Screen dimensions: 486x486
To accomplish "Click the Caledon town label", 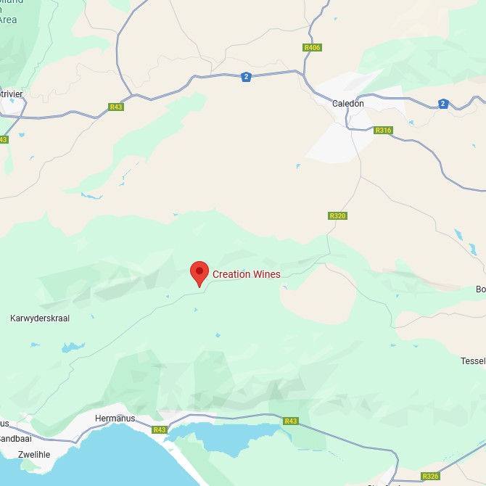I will coord(347,104).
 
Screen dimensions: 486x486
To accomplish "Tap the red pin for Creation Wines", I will coord(199,273).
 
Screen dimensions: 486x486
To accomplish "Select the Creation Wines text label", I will coord(246,274).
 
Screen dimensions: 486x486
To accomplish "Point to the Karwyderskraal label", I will coord(40,318).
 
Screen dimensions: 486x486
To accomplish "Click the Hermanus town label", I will coord(115,419).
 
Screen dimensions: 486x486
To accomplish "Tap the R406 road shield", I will coord(312,48).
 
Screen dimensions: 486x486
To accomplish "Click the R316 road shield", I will coord(383,131).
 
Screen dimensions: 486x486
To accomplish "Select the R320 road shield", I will coord(337,215).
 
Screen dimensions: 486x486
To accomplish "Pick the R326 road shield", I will coord(430,476).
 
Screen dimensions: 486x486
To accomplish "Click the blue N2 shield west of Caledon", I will coord(247,77).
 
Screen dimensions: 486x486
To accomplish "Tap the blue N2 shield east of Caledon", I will coord(443,104).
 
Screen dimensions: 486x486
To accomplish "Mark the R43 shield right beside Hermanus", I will coord(160,429).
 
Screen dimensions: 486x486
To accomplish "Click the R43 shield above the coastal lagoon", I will coord(291,421).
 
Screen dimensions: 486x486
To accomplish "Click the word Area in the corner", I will coord(7,20).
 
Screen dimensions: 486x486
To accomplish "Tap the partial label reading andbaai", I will coord(15,439).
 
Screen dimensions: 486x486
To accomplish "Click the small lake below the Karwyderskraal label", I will coord(73,347).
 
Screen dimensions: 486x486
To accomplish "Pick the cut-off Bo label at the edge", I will coord(480,289).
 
